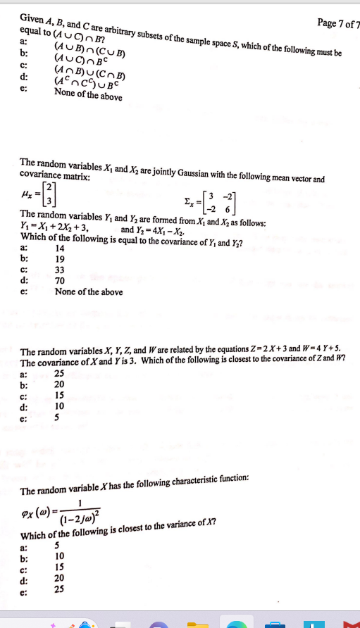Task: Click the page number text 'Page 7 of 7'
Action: click(x=337, y=24)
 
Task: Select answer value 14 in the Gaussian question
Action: click(x=60, y=248)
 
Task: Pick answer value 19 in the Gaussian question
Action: click(x=60, y=258)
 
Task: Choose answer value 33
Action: click(x=60, y=269)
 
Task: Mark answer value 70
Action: click(x=60, y=280)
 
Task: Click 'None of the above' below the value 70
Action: click(x=88, y=291)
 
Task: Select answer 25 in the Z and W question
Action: click(x=60, y=374)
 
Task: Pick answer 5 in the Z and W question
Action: click(x=57, y=418)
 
